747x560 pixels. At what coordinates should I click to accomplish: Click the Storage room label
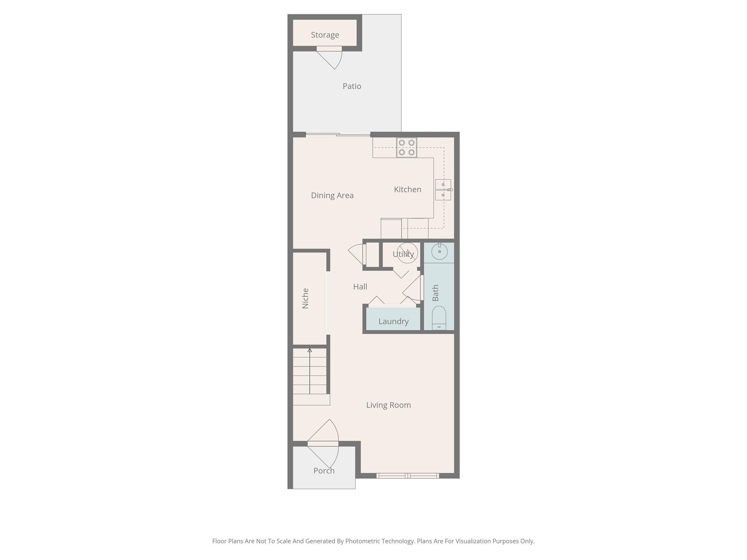(325, 35)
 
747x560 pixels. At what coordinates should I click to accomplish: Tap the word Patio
(352, 86)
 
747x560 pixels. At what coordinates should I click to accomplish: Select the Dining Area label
(332, 195)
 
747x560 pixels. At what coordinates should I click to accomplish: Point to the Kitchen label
(407, 190)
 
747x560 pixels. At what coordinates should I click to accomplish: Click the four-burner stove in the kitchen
(407, 148)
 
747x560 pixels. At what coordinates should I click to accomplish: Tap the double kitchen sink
(443, 190)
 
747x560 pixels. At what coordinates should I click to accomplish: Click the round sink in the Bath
(440, 252)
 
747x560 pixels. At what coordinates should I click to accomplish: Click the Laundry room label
(393, 322)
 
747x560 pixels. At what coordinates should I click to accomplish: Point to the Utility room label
(403, 254)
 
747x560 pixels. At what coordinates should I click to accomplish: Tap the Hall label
(360, 287)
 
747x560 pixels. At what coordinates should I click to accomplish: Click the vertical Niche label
(306, 299)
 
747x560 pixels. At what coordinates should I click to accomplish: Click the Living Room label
(388, 405)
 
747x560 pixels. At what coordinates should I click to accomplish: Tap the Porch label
(324, 471)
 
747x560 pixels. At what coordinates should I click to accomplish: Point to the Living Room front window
(407, 476)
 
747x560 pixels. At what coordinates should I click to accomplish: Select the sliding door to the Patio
(338, 135)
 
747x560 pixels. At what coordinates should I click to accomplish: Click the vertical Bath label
(436, 293)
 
